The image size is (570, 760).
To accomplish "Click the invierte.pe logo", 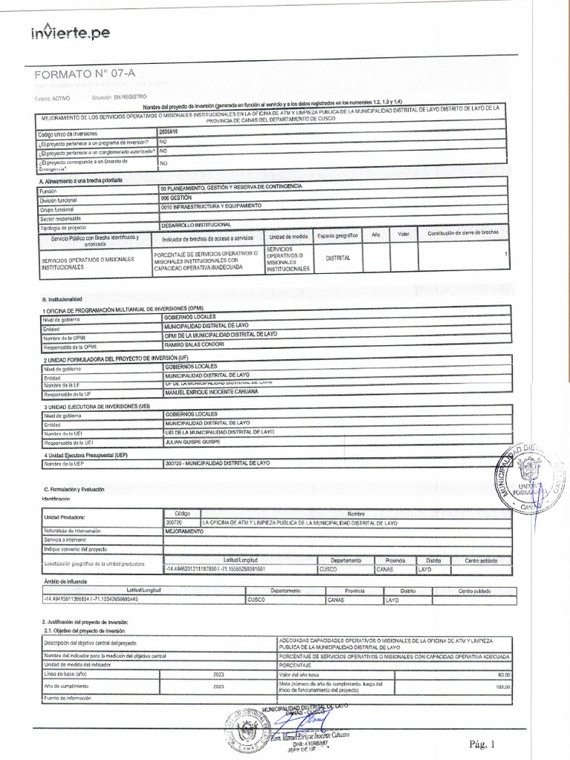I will (x=70, y=33).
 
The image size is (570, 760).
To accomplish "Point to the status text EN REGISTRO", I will (x=130, y=97).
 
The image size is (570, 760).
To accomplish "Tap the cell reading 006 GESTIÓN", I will (x=176, y=198).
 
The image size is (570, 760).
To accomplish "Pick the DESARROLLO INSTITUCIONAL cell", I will (x=196, y=225).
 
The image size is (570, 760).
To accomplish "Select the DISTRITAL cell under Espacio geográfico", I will (x=337, y=258).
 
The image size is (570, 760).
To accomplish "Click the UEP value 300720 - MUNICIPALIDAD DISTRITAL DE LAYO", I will (x=217, y=463).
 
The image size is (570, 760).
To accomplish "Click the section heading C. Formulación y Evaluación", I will (x=74, y=490).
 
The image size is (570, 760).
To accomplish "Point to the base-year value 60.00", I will (x=504, y=674).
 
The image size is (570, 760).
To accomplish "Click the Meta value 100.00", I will (x=502, y=687).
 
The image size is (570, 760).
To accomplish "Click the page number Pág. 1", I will (x=481, y=744).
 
